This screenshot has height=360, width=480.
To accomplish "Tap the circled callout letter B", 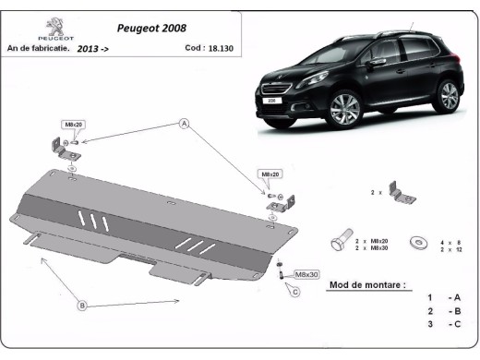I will click(x=82, y=306).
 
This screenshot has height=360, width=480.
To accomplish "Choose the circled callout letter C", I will click(x=295, y=293).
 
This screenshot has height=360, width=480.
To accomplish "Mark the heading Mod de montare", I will click(x=367, y=285).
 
